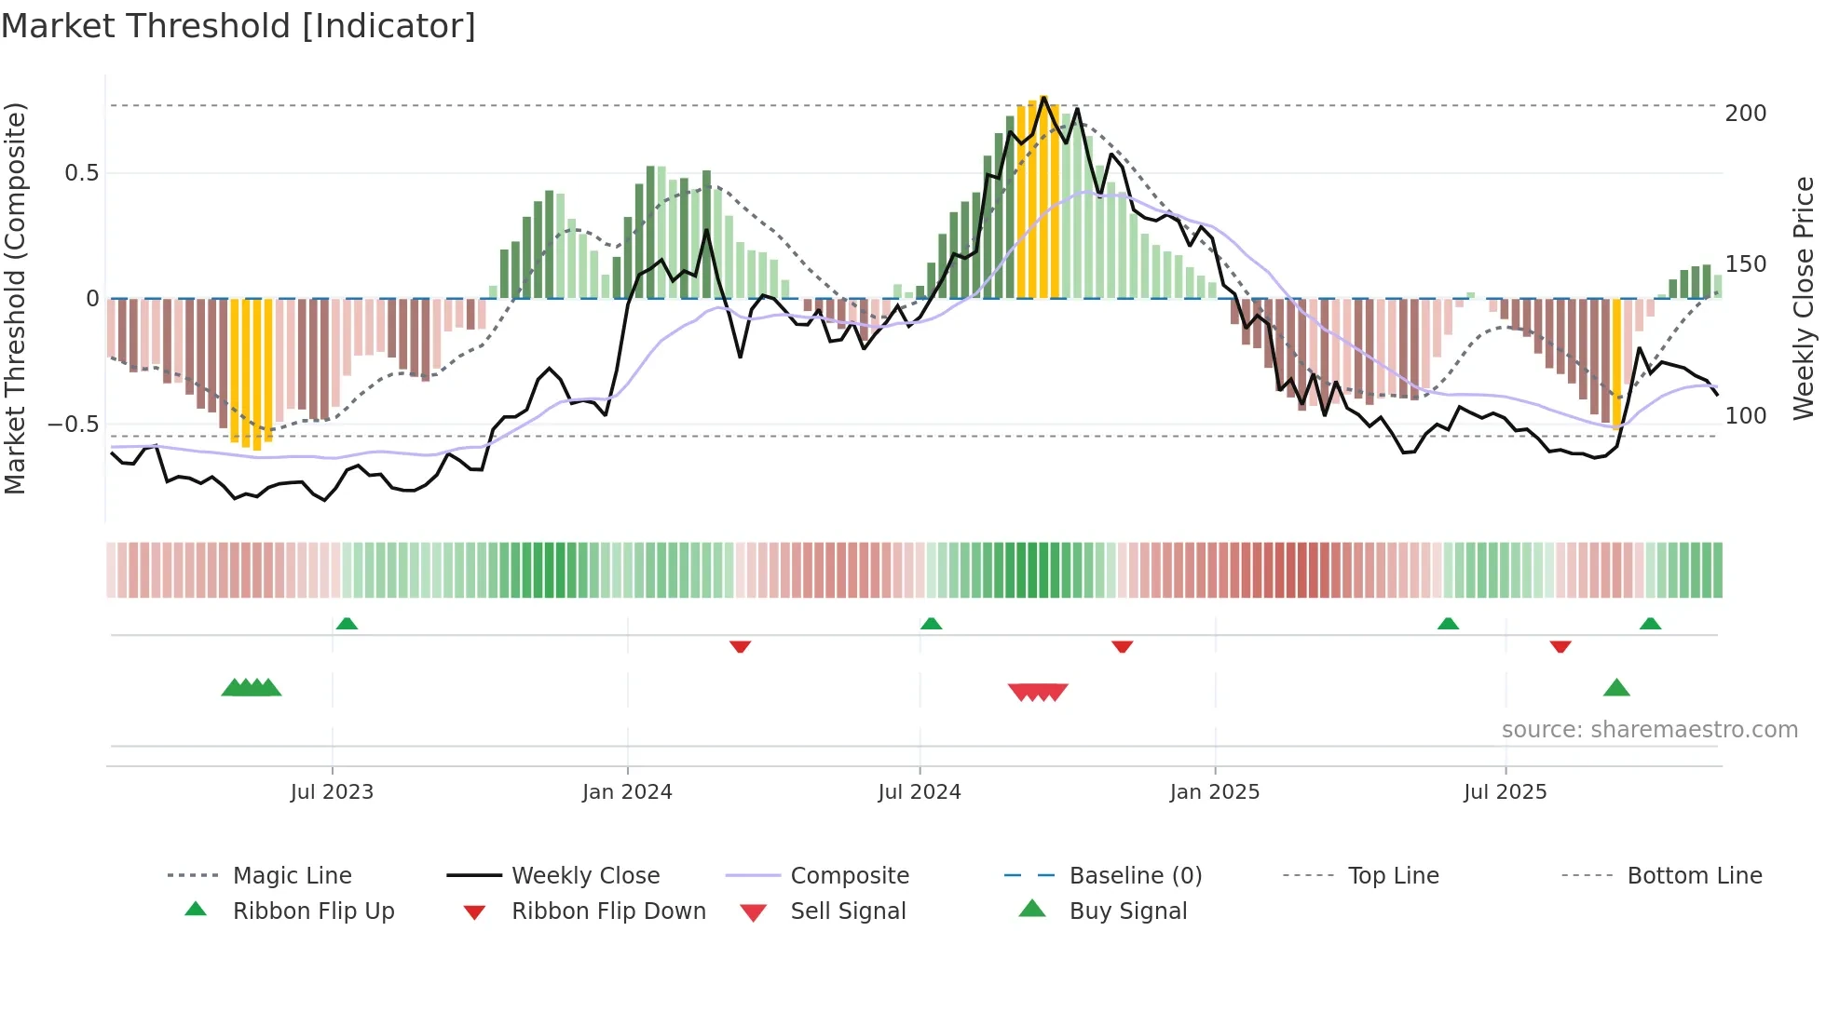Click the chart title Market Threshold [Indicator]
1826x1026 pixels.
(x=238, y=26)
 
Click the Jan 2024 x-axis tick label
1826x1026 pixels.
(x=627, y=792)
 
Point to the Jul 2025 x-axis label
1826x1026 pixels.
(x=1505, y=792)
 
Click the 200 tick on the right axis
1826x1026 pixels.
(x=1745, y=114)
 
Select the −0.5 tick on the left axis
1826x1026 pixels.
(x=73, y=425)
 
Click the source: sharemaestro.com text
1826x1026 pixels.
(x=1649, y=730)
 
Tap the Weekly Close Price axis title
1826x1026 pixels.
(x=1804, y=298)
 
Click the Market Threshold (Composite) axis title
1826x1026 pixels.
(x=15, y=298)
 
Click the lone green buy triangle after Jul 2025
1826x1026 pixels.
(x=1616, y=688)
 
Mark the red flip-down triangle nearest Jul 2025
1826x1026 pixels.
(x=1560, y=646)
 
